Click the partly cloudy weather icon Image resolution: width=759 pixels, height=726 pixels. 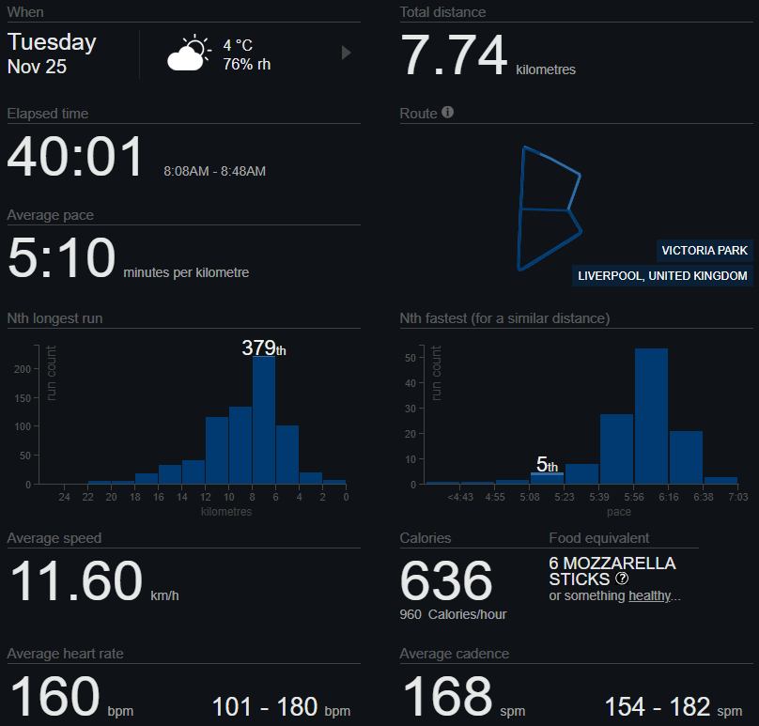tap(187, 54)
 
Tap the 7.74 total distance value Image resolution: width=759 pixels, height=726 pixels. tap(455, 55)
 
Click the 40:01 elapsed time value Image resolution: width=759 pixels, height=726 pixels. tap(76, 157)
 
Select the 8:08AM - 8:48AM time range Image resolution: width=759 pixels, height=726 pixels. tap(214, 172)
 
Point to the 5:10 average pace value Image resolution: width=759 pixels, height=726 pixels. tap(62, 258)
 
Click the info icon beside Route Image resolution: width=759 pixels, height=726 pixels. tap(448, 113)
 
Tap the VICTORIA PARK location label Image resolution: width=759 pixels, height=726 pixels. tap(705, 251)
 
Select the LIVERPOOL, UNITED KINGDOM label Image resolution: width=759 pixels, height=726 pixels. tap(662, 276)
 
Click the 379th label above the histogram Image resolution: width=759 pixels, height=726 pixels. tap(263, 348)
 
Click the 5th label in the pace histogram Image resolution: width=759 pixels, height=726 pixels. tap(547, 465)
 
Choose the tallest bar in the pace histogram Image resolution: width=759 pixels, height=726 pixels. tap(651, 415)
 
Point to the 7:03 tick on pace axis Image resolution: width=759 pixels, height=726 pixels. tap(737, 497)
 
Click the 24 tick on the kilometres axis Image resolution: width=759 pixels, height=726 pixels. tap(64, 497)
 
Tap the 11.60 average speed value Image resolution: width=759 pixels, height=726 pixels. tap(76, 581)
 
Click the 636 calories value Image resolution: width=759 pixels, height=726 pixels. tap(446, 581)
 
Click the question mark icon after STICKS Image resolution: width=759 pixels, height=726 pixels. tap(621, 579)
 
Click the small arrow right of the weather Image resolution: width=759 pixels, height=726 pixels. tap(346, 54)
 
